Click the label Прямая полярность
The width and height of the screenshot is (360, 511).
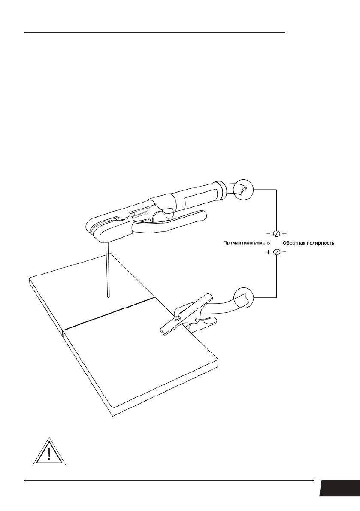point(246,243)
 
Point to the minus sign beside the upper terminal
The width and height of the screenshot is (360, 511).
point(268,233)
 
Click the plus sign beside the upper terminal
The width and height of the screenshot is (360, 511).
point(284,233)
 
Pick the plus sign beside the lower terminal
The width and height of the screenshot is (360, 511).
point(269,252)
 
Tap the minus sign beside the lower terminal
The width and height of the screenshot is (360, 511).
point(284,252)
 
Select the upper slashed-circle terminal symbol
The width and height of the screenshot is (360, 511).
point(276,233)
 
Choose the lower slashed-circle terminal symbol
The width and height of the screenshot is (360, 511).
point(276,252)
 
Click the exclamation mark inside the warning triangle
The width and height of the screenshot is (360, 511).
point(49,454)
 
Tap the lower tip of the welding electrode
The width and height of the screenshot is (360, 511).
point(108,296)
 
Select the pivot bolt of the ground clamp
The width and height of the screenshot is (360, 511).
point(176,317)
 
